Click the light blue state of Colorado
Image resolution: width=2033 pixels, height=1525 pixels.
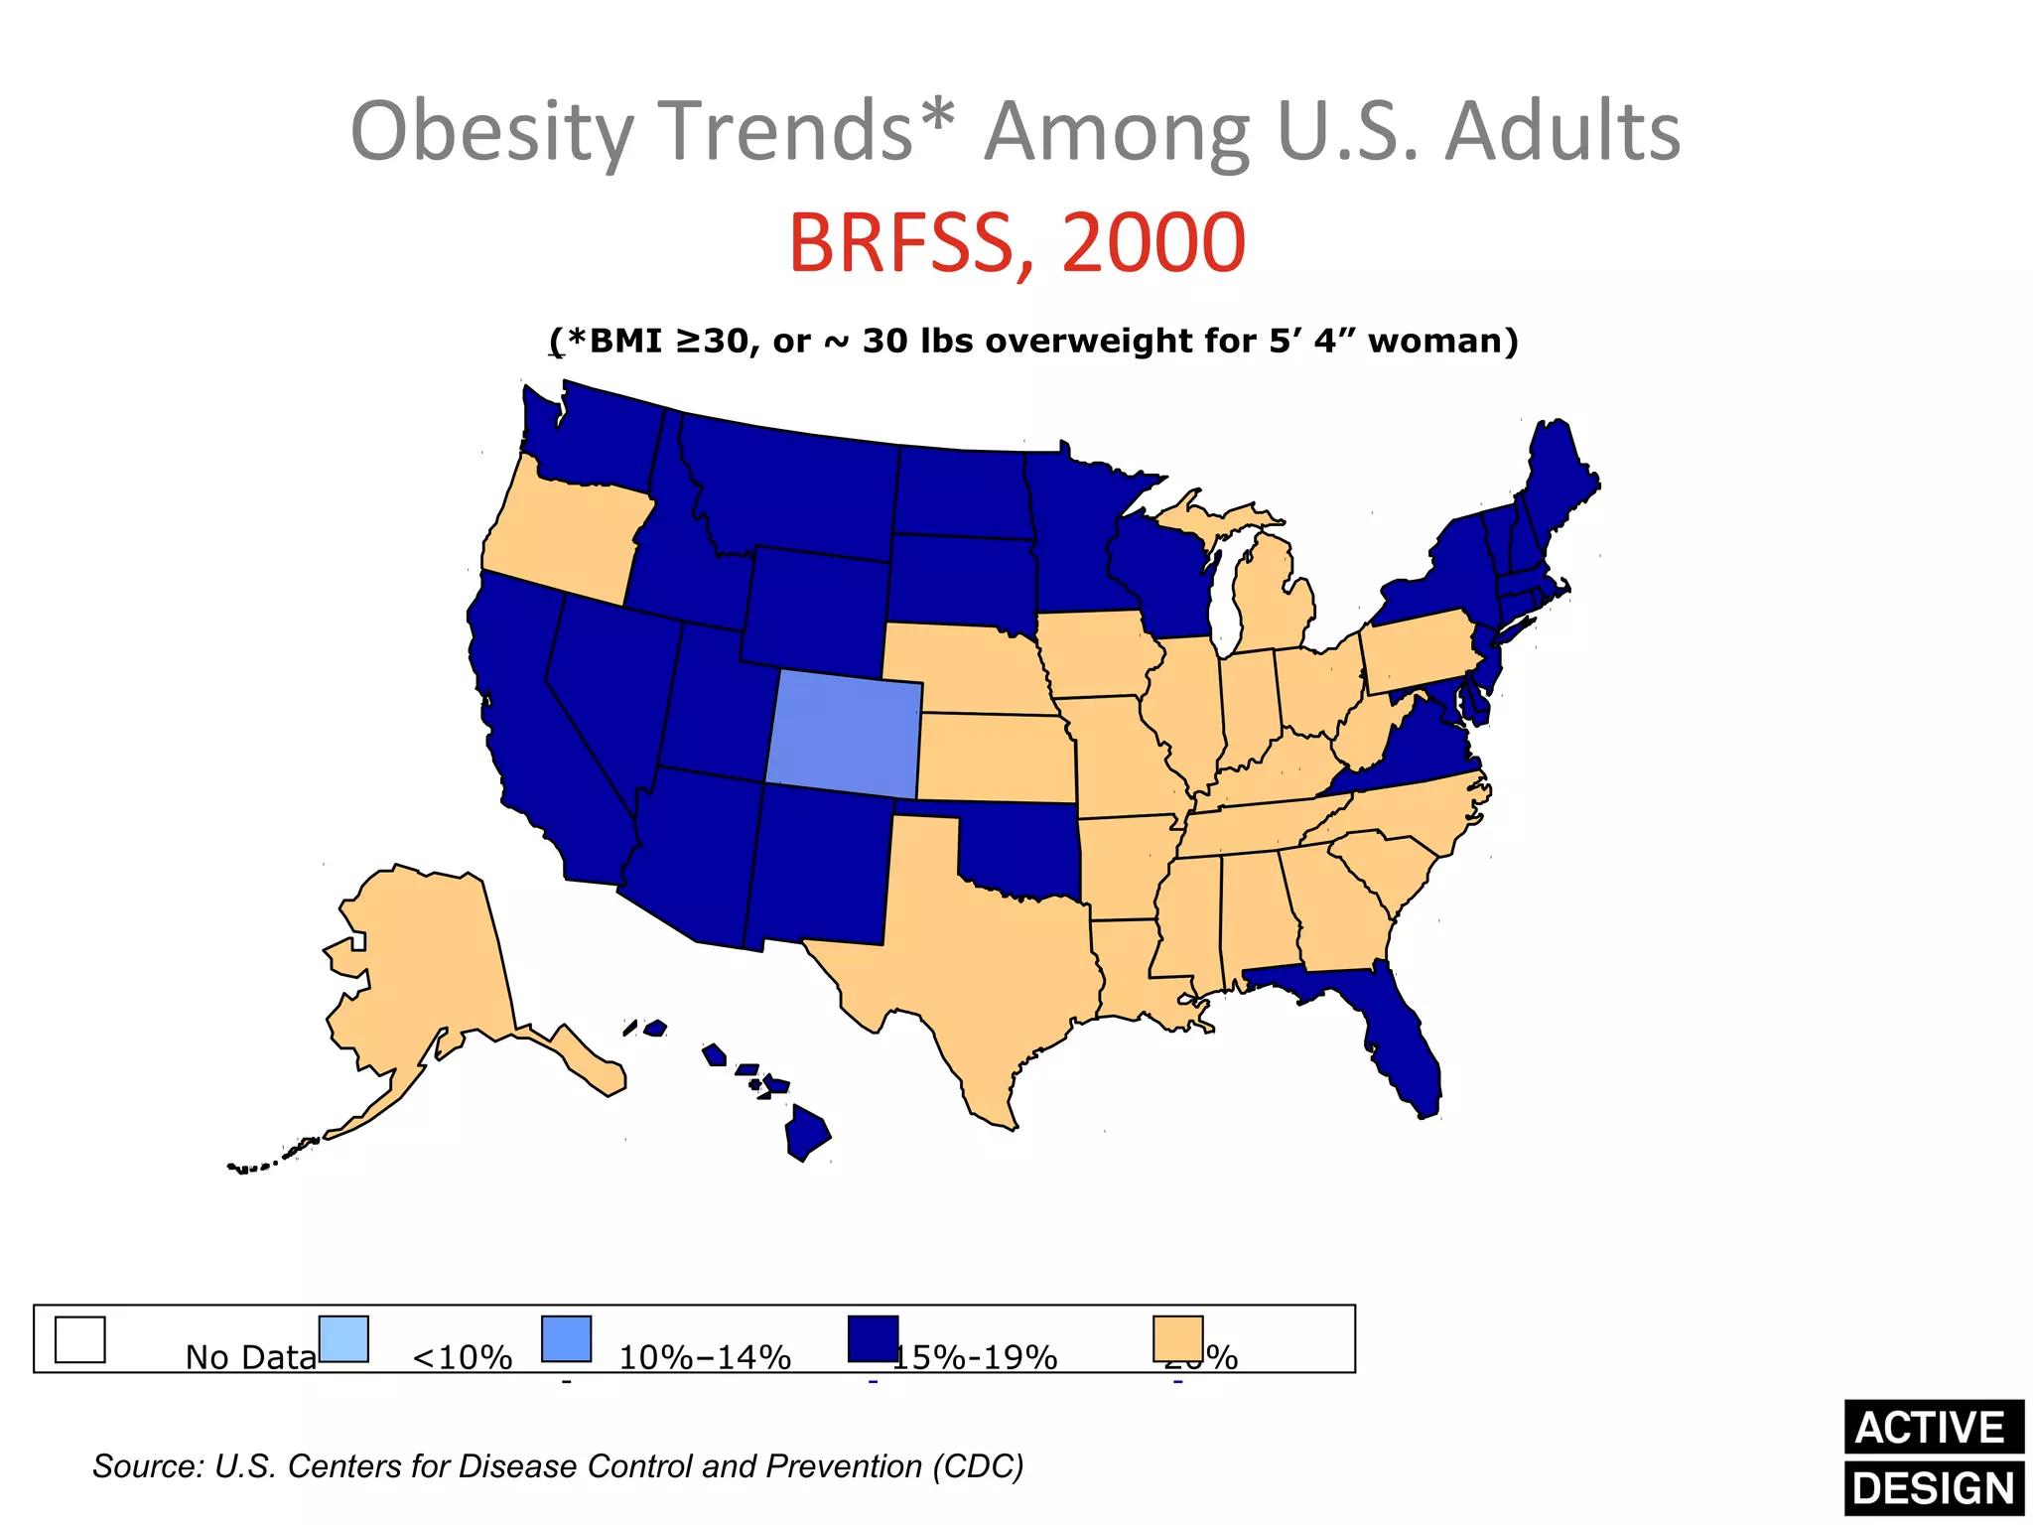point(844,733)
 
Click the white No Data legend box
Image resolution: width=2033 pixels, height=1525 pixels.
point(79,1339)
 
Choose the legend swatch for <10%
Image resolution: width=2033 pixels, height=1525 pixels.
point(343,1339)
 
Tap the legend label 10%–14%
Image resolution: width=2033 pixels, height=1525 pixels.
point(705,1356)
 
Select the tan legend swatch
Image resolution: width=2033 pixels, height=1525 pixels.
point(1178,1339)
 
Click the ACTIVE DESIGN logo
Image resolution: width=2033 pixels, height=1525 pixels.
point(1933,1457)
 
